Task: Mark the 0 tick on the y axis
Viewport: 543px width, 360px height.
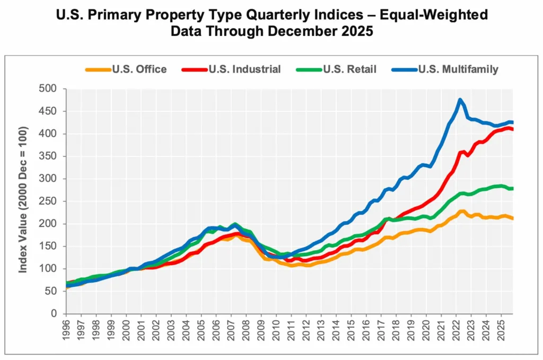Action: (55, 314)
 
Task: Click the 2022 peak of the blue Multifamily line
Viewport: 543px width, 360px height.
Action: (460, 100)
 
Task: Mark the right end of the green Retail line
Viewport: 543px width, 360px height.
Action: (512, 189)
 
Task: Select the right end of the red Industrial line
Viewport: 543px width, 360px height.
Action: (512, 129)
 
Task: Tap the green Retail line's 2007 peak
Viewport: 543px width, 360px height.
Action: (235, 224)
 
